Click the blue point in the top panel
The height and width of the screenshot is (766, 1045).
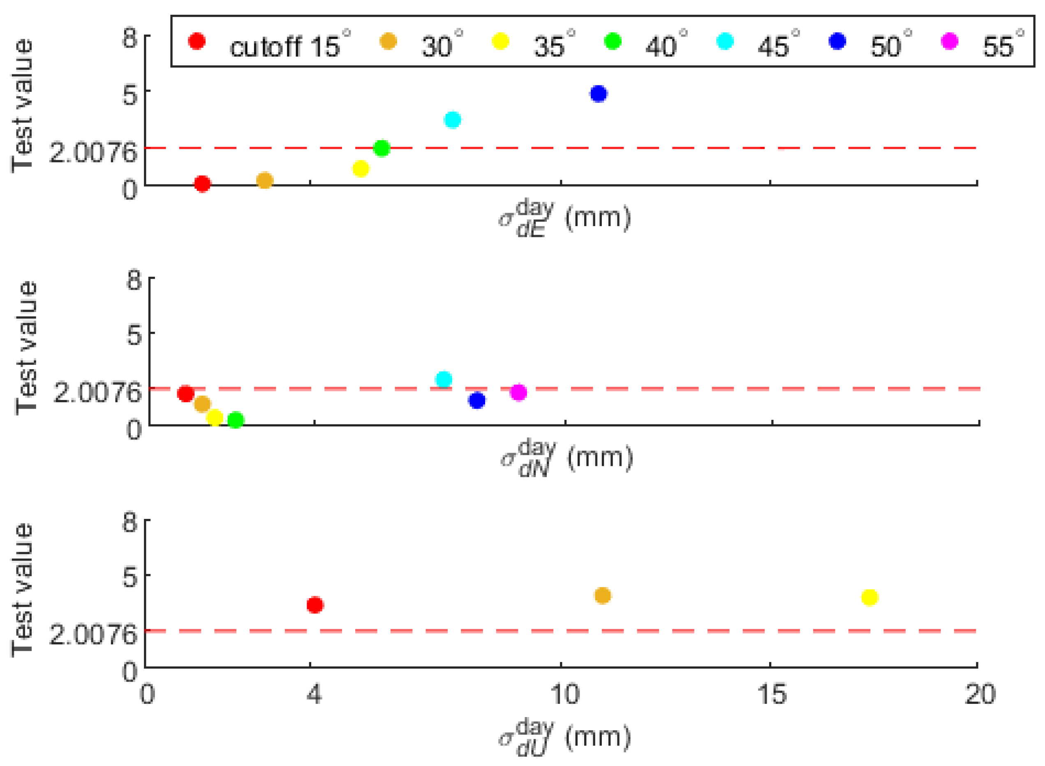coord(598,94)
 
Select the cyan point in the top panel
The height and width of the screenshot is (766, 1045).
coord(452,120)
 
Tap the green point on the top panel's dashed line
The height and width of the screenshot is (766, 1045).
coord(381,148)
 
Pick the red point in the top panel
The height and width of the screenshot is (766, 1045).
coord(202,184)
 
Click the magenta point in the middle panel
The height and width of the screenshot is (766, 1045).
coord(518,392)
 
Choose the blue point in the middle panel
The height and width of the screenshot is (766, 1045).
coord(476,400)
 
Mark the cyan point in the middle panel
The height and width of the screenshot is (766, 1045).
coord(444,379)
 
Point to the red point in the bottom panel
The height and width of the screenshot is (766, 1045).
coord(315,605)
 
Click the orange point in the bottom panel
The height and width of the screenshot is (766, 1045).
coord(602,595)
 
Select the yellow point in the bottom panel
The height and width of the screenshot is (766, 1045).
coord(869,597)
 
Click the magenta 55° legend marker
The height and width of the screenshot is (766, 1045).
coord(949,41)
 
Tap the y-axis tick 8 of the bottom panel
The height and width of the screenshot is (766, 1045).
coord(130,522)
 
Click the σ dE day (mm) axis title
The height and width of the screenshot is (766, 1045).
coord(565,218)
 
